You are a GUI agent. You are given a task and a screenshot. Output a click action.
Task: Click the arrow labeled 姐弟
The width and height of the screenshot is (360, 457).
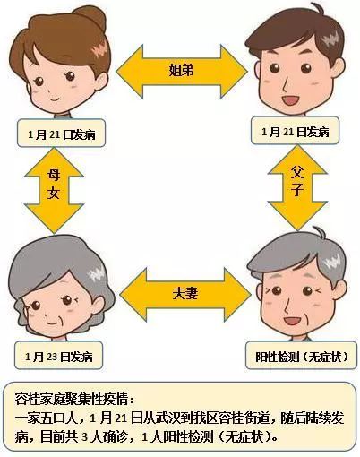click(x=182, y=72)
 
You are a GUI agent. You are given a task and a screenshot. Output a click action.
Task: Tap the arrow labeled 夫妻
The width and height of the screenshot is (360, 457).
click(x=185, y=295)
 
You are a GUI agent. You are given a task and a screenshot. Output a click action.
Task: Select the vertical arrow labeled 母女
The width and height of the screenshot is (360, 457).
click(x=54, y=190)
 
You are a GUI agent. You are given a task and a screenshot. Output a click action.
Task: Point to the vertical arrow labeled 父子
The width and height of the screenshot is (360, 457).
click(x=297, y=187)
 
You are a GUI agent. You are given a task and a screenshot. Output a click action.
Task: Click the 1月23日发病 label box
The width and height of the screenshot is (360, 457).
click(x=59, y=356)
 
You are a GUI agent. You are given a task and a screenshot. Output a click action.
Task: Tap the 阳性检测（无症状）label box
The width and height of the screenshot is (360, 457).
click(x=301, y=355)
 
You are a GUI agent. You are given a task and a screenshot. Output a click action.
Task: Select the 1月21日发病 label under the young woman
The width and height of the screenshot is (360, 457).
click(x=61, y=134)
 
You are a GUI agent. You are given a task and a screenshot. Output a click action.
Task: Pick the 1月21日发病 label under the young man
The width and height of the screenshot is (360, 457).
click(x=295, y=131)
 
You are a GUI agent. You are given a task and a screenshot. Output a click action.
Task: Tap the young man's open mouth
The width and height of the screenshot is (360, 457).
click(x=291, y=99)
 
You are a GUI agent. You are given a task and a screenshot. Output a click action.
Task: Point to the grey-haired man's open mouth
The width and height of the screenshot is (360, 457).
click(x=293, y=321)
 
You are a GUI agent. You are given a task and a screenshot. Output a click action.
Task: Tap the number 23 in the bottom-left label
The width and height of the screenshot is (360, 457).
click(x=53, y=357)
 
